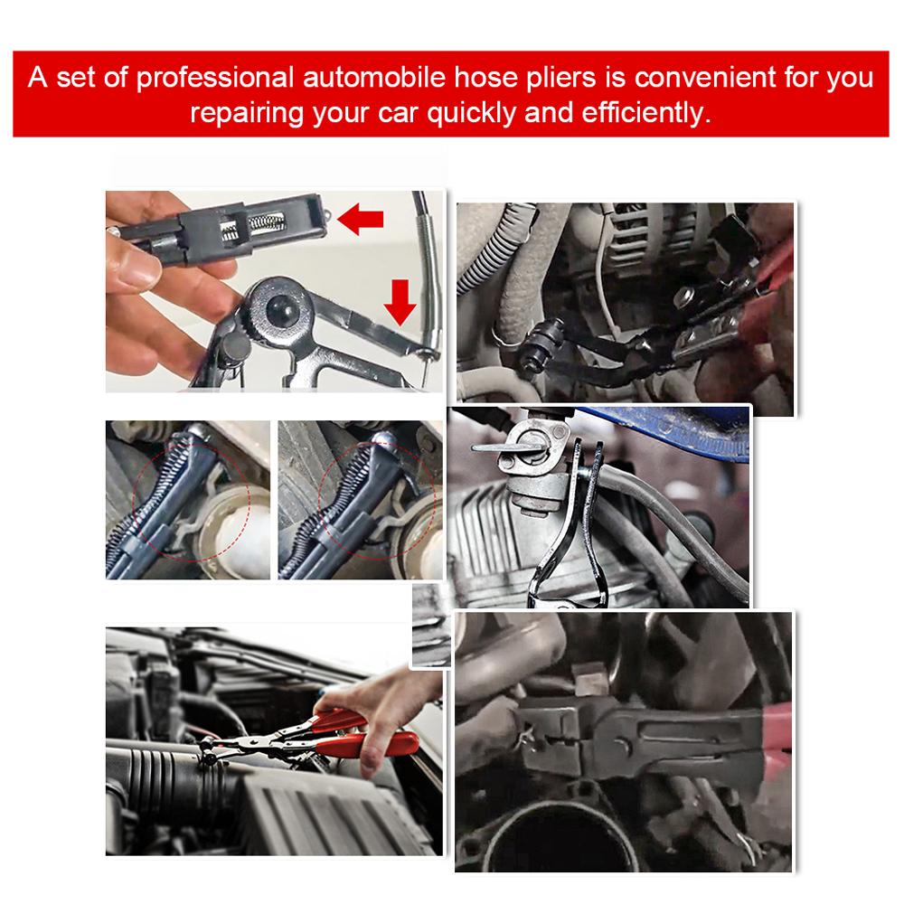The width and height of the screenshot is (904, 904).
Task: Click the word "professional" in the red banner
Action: tap(214, 78)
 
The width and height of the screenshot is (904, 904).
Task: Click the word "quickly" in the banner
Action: tap(471, 113)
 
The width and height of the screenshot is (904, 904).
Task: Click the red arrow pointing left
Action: tap(361, 219)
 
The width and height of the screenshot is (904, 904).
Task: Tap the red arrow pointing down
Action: tap(400, 302)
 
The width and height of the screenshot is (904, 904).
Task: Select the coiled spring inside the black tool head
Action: tap(267, 221)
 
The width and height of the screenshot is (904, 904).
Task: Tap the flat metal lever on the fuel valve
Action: tap(497, 447)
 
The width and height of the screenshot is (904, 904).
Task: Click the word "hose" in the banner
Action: tap(485, 77)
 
